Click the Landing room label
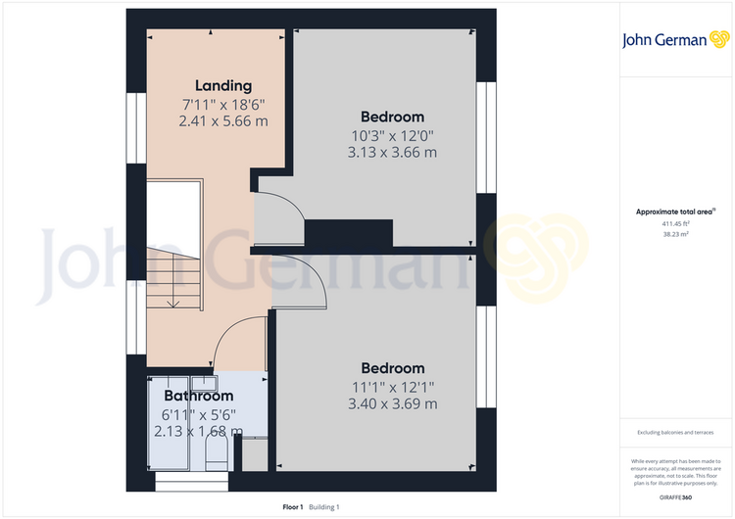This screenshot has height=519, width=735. tap(223, 86)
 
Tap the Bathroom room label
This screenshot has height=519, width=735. tap(199, 396)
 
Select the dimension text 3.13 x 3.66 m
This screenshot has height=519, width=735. tap(392, 152)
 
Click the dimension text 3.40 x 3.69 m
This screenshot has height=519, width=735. tap(393, 403)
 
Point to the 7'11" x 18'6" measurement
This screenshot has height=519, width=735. tap(223, 104)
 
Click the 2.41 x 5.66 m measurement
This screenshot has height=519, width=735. tap(223, 121)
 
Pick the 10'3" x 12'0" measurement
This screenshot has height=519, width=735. tap(392, 136)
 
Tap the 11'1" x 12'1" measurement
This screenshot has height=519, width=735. tap(393, 388)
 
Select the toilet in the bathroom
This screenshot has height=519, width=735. tap(217, 452)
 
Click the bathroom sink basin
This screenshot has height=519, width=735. tap(205, 384)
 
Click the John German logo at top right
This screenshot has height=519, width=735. tap(675, 40)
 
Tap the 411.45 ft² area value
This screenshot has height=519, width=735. tap(675, 224)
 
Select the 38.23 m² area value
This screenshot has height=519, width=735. tap(675, 234)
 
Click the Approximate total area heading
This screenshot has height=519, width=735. tap(675, 212)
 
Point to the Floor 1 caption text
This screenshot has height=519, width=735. tap(293, 507)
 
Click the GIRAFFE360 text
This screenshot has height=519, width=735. tap(675, 497)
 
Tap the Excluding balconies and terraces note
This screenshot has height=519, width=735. tap(675, 433)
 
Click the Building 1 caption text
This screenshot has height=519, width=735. tap(324, 507)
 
